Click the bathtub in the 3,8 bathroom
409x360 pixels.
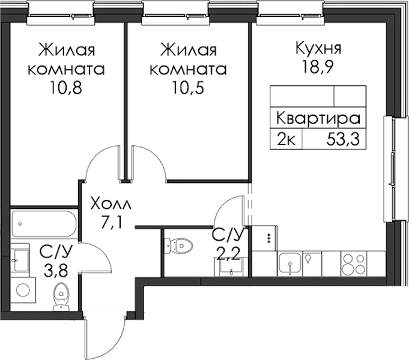tap(44, 224)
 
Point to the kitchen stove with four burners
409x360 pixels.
tap(354, 264)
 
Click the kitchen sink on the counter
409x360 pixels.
tap(290, 264)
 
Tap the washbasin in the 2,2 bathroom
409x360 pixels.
tap(231, 267)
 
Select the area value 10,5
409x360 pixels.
tap(188, 88)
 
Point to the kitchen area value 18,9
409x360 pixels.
tap(318, 68)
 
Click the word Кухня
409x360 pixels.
tap(318, 49)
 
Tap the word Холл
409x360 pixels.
tap(111, 204)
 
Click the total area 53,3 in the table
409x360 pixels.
tap(343, 139)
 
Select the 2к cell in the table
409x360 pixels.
tap(286, 140)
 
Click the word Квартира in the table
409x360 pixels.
tap(318, 118)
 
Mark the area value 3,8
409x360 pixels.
tap(56, 271)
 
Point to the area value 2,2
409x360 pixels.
tap(228, 253)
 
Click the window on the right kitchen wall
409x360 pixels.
tap(389, 169)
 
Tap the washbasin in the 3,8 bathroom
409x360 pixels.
tap(20, 259)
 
